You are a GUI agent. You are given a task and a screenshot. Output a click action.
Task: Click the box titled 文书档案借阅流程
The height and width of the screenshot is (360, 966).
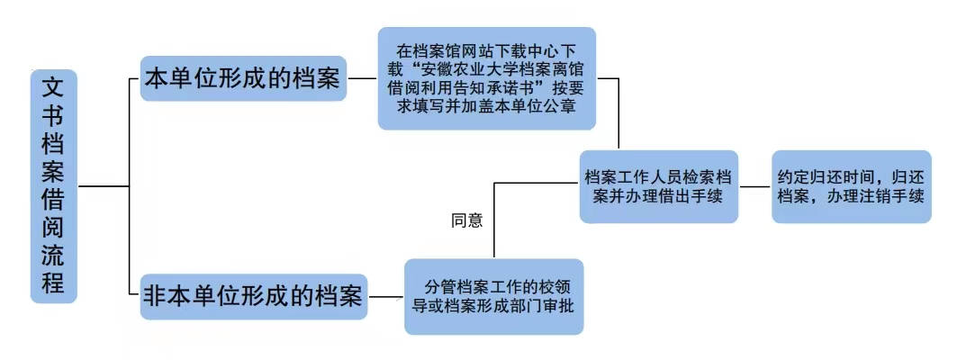click(x=53, y=185)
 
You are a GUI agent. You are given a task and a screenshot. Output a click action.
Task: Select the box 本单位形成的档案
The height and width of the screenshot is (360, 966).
click(x=243, y=77)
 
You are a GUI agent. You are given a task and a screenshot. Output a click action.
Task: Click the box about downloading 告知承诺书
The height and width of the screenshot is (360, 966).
click(x=486, y=78)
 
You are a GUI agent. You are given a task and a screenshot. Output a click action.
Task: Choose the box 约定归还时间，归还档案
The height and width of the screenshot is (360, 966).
click(x=851, y=186)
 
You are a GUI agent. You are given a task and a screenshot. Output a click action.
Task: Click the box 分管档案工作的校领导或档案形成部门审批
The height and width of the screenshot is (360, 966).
click(x=493, y=296)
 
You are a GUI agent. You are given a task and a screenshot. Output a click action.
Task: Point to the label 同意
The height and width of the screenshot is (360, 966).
click(x=467, y=220)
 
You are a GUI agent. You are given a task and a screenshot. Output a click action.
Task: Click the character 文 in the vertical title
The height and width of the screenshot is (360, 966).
click(x=53, y=88)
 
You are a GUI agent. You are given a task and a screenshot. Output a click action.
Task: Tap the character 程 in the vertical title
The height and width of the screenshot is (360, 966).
click(x=53, y=283)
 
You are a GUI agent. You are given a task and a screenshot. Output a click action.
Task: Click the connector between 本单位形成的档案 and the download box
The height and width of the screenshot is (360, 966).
click(x=362, y=78)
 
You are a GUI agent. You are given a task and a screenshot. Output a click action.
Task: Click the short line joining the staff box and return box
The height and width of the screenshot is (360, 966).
click(x=755, y=186)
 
